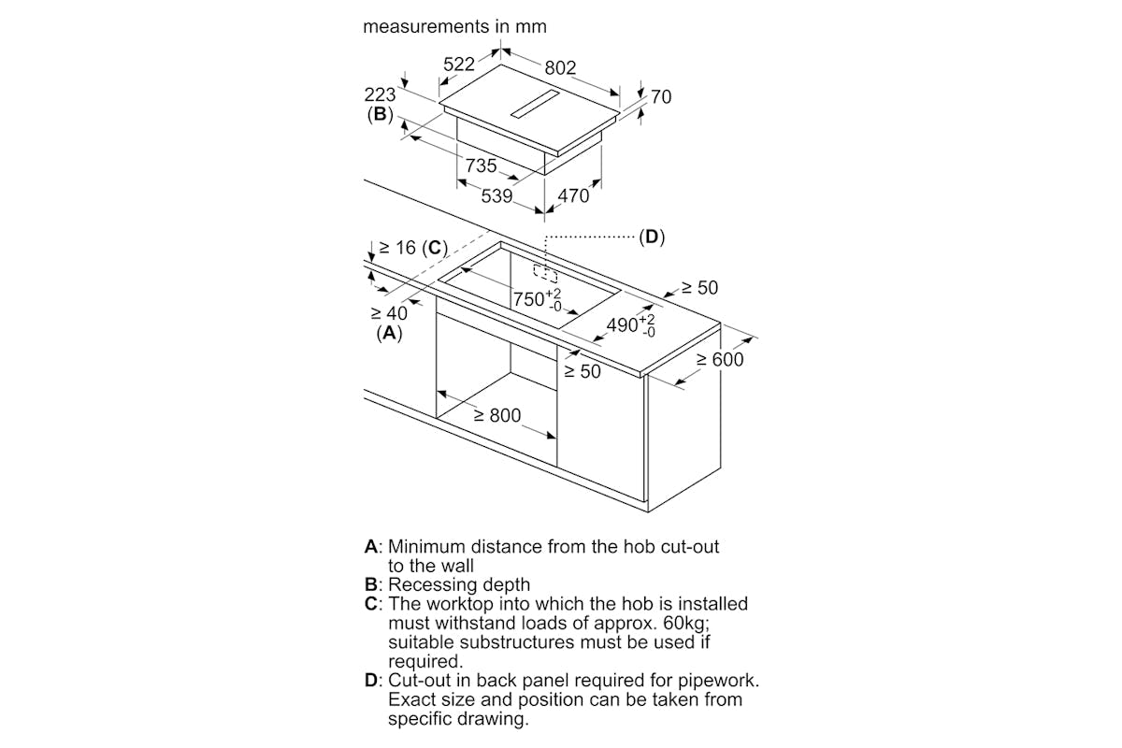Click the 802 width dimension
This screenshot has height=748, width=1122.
560,67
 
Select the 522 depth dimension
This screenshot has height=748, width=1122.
459,65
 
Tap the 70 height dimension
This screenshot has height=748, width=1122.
661,96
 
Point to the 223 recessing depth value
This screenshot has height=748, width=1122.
380,94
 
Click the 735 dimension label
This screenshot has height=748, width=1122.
481,165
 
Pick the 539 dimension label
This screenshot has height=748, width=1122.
496,196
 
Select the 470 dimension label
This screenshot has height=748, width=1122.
573,196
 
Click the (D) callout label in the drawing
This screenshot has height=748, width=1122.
652,237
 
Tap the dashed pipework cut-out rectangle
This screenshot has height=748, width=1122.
545,274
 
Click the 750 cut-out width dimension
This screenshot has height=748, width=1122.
537,299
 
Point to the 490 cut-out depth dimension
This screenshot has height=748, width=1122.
630,325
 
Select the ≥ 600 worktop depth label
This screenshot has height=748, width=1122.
720,359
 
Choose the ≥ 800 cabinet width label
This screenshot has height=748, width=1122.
497,415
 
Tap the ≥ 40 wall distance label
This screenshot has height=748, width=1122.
389,313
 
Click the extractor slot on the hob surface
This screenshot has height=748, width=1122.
535,104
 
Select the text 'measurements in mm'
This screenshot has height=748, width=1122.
454,26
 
